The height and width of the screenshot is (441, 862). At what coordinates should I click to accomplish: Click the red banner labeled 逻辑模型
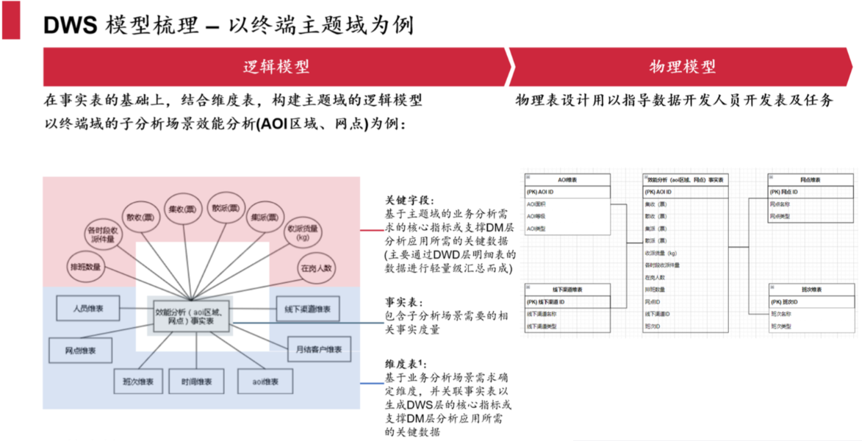276,67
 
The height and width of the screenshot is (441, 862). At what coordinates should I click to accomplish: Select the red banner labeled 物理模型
682,67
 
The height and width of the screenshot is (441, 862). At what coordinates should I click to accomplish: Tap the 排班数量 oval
87,265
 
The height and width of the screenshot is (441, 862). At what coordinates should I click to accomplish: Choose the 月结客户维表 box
319,348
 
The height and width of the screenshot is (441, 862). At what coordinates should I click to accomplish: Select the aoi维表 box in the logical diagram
265,381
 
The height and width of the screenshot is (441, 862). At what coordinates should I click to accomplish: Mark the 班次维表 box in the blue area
138,381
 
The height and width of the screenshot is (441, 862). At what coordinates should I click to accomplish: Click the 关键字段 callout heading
410,200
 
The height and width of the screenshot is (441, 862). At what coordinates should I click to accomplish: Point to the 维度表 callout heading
406,365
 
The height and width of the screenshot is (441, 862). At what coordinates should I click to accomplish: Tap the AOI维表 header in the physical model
567,179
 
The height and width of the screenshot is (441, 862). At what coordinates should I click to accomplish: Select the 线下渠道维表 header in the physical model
567,289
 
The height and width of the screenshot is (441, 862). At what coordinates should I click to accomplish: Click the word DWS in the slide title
71,25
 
